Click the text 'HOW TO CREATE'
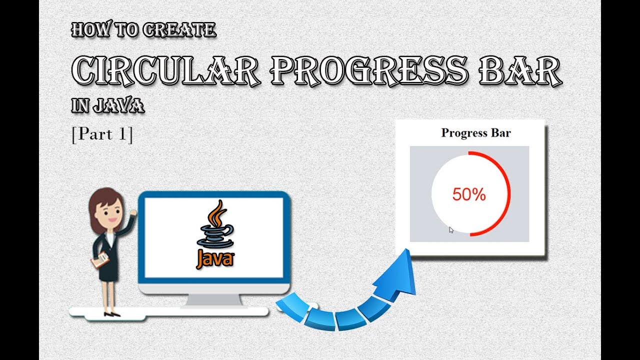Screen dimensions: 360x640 (144, 30)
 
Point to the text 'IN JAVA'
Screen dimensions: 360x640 (107, 105)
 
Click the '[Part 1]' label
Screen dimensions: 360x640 (102, 134)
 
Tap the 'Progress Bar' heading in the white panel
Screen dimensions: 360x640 (475, 133)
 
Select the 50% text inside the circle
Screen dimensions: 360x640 (469, 195)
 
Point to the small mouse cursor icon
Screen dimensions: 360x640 (451, 230)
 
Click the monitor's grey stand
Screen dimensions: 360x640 (214, 300)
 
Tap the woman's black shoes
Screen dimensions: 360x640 (111, 313)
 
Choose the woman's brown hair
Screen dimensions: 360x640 (100, 200)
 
